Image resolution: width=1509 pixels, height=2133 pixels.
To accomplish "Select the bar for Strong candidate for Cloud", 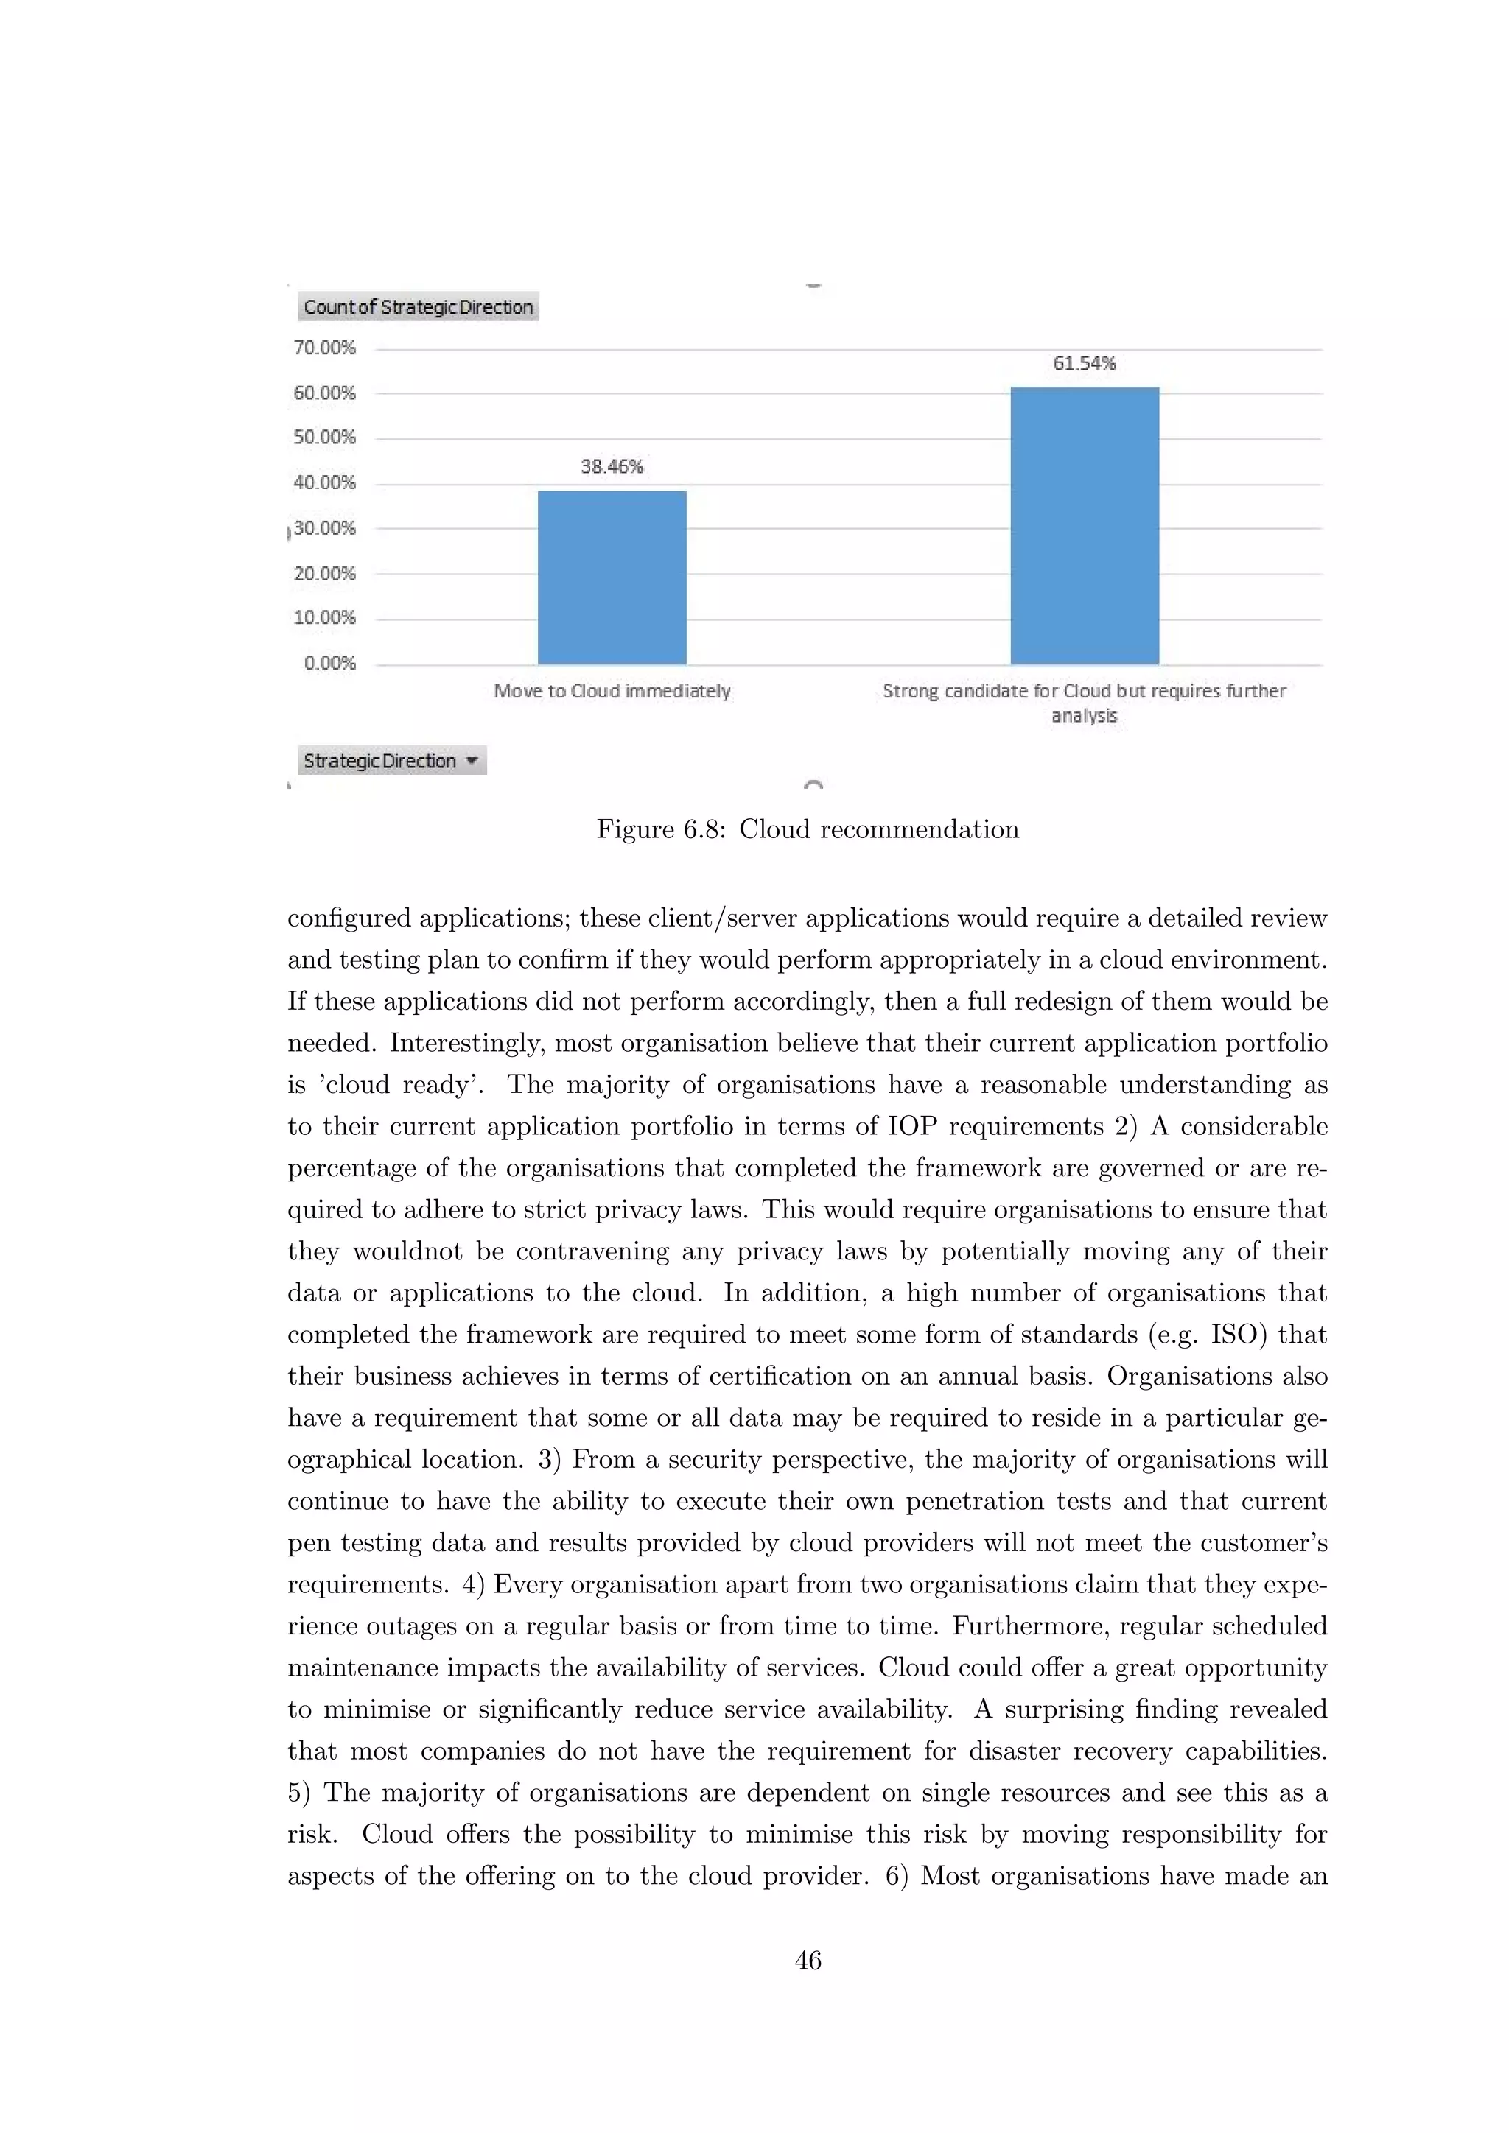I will [1085, 526].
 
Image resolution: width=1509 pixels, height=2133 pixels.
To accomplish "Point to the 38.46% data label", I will [612, 466].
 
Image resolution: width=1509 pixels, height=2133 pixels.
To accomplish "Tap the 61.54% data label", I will [1085, 363].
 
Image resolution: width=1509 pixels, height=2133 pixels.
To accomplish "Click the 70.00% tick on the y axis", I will [324, 348].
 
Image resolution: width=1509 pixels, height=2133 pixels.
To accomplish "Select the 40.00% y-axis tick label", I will [324, 482].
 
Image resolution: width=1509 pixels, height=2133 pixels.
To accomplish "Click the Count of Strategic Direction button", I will [418, 306].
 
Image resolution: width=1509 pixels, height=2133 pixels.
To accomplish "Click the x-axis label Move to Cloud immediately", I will [612, 690].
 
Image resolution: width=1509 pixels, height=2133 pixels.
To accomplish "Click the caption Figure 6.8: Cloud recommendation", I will [808, 829].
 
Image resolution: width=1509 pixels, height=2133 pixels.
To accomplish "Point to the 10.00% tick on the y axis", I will [324, 618].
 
